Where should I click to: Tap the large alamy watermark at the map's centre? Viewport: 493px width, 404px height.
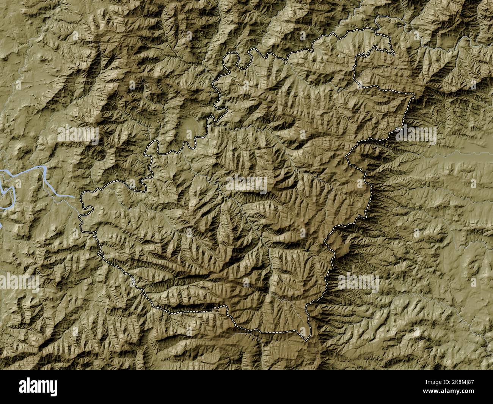point(246,184)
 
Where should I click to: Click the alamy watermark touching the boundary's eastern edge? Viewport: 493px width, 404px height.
point(416,135)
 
